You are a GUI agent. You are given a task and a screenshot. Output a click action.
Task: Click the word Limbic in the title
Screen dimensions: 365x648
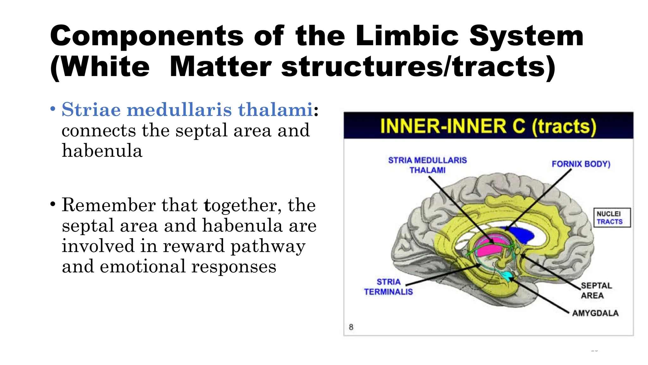click(407, 36)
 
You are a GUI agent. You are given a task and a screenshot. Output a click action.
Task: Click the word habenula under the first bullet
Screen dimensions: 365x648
click(102, 150)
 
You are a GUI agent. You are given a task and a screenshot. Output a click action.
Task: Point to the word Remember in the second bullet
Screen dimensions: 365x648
click(108, 205)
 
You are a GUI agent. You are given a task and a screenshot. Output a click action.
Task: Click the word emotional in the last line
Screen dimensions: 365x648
click(143, 266)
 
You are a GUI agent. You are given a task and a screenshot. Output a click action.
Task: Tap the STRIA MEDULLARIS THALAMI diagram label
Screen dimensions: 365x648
click(427, 165)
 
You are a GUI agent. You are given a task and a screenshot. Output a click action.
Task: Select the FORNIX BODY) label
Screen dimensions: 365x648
click(581, 164)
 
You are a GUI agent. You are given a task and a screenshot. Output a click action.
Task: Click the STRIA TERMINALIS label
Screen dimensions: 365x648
click(389, 287)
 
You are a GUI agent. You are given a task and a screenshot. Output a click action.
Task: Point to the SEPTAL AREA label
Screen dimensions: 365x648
click(596, 291)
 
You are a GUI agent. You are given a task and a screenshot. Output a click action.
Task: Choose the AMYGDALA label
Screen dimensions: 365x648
click(595, 313)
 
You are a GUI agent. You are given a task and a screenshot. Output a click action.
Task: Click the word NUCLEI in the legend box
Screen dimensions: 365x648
click(608, 214)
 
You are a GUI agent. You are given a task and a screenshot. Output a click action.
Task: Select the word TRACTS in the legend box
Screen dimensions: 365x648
click(609, 222)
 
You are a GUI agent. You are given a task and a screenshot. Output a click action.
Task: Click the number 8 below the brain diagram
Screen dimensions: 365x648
click(351, 327)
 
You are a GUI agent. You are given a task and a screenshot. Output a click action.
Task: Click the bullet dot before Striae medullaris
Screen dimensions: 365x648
click(53, 109)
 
